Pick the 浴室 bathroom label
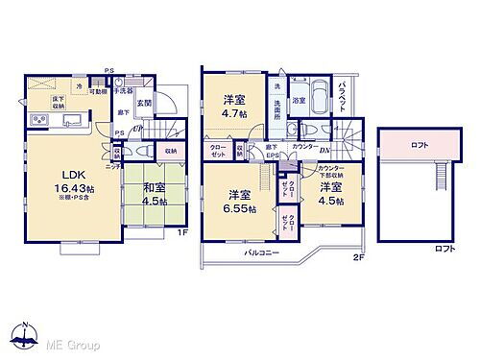tap(300, 100)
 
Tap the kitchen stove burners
tap(41, 119)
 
